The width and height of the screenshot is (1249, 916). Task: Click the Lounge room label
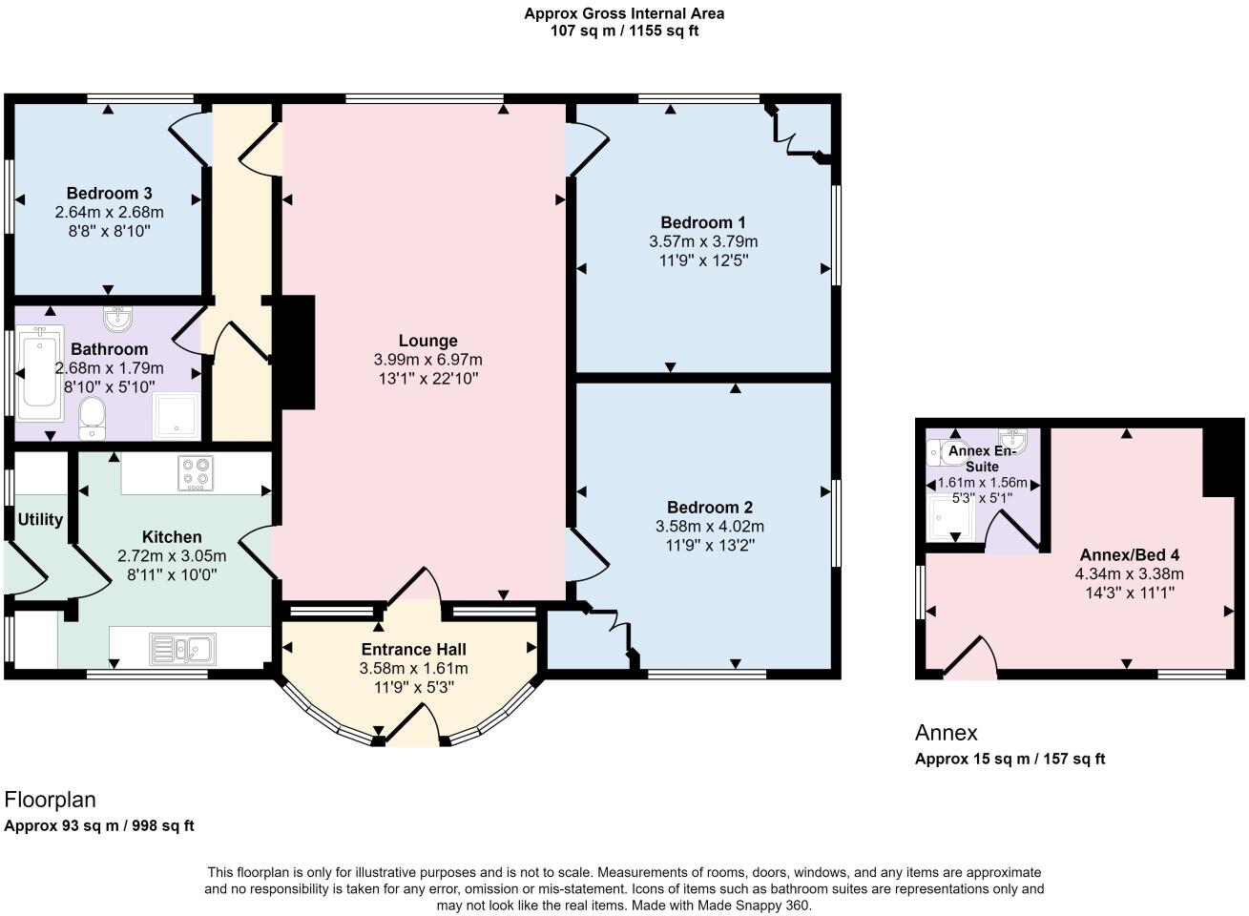coord(427,341)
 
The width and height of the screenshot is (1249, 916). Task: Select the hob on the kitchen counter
coord(196,473)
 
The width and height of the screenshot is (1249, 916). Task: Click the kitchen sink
coord(183,649)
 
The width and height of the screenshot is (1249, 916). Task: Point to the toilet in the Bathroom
coord(92,418)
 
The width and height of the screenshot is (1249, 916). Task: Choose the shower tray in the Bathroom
coord(176,415)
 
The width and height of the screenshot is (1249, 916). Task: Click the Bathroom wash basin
coord(117,319)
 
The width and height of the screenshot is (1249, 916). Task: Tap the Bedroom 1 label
coord(702,222)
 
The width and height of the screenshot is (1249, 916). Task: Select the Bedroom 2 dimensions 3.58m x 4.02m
coord(709,527)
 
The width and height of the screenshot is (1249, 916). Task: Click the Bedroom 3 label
coord(110,194)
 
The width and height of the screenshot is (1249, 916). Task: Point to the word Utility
coord(40,520)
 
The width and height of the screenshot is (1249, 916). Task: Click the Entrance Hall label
coord(413,650)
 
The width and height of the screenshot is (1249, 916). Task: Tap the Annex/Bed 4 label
coord(1129,554)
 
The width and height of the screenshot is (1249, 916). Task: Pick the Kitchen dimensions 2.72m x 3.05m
coord(172,556)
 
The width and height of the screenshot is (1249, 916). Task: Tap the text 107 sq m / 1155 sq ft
coord(624,31)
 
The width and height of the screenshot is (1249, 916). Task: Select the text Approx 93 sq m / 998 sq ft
coord(99,825)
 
